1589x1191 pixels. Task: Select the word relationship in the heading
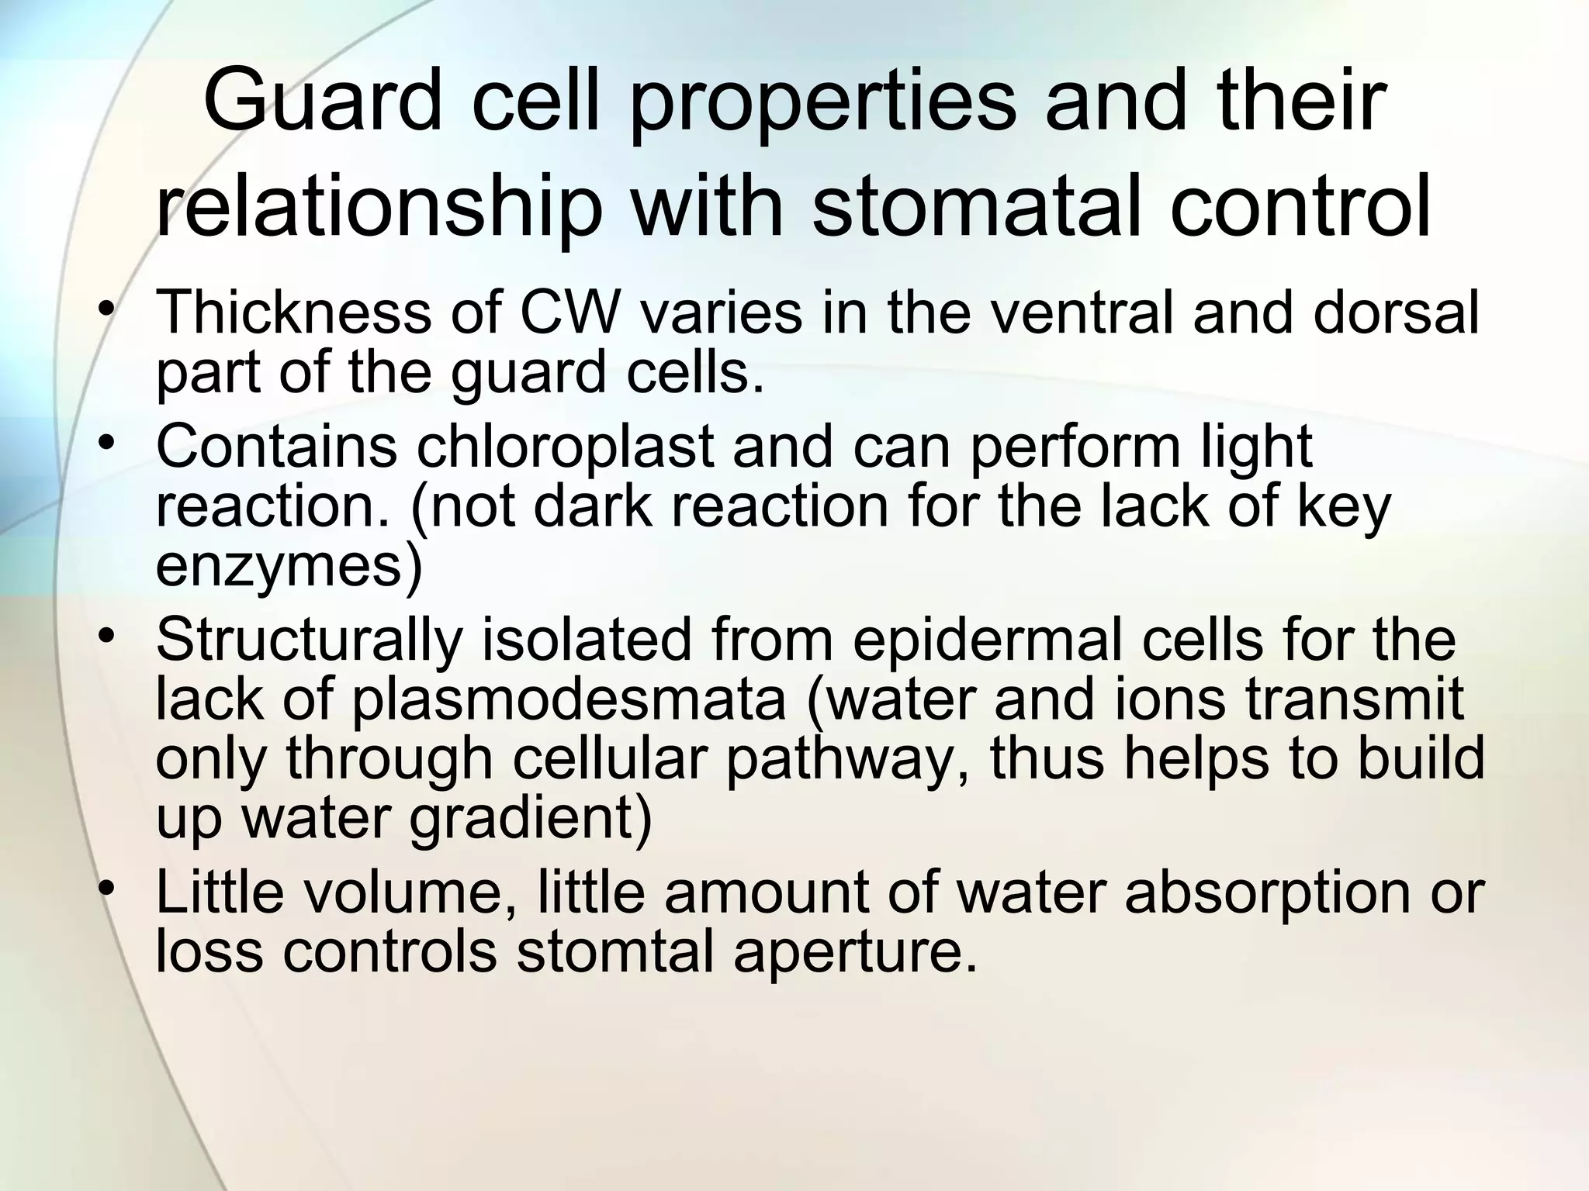click(380, 208)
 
